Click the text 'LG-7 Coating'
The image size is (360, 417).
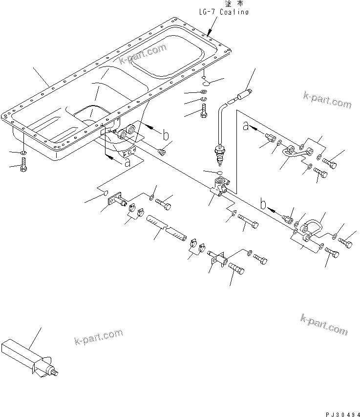point(223,12)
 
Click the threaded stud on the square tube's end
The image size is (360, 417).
point(55,374)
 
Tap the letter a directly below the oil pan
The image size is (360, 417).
point(127,163)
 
